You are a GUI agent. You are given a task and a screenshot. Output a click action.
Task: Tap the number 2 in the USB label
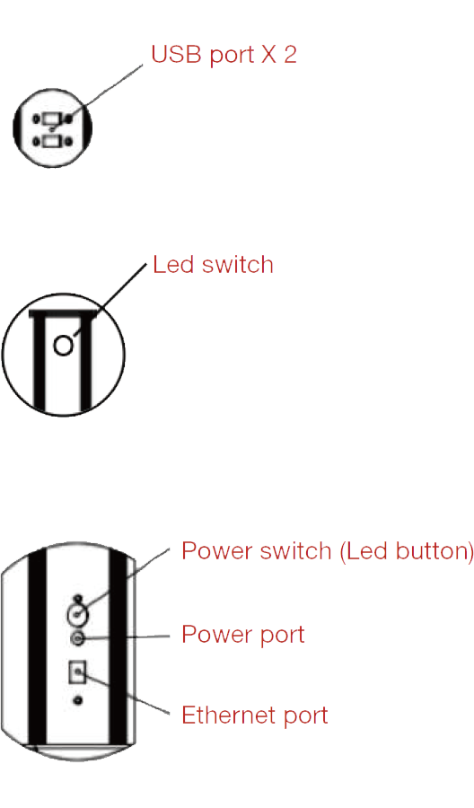click(290, 54)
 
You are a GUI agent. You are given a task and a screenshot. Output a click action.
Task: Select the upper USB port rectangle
click(51, 119)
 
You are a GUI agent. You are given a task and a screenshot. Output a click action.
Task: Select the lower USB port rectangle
click(51, 141)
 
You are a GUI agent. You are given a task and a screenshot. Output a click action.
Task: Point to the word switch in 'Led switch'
click(237, 264)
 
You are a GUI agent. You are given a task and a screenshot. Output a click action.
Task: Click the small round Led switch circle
click(64, 346)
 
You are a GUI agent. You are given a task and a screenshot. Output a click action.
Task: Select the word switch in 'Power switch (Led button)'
click(295, 550)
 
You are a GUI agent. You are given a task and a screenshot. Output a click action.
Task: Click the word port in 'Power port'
click(282, 636)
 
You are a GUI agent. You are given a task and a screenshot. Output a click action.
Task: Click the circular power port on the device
click(77, 639)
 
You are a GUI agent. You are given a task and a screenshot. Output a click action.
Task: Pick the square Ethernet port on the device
click(78, 672)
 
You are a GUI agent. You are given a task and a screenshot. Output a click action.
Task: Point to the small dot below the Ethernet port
click(78, 700)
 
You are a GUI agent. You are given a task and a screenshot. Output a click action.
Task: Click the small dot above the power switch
click(78, 599)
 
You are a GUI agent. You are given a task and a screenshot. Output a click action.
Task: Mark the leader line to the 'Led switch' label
click(110, 301)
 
